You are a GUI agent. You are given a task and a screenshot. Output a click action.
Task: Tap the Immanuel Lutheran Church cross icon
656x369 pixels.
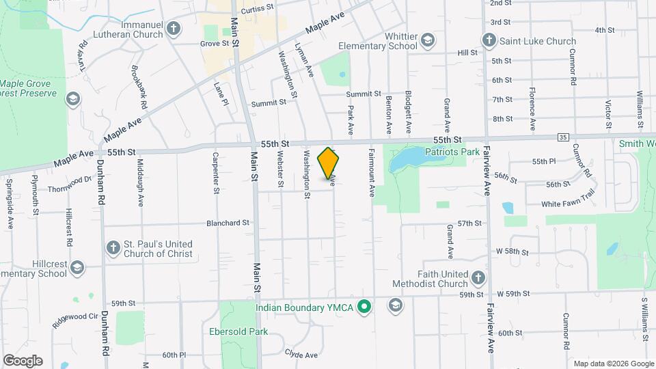tap(174, 29)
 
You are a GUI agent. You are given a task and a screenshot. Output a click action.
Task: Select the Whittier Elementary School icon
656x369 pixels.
tap(428, 40)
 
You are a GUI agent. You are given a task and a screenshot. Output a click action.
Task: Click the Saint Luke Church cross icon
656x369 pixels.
tap(489, 41)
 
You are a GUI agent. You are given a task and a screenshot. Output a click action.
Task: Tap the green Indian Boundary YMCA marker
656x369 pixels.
tap(365, 307)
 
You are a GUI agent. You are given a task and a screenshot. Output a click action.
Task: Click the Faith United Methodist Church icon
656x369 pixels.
tap(478, 278)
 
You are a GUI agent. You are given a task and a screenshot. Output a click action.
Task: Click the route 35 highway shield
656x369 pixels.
tap(563, 137)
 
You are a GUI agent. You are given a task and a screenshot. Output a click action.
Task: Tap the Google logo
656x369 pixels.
tap(23, 360)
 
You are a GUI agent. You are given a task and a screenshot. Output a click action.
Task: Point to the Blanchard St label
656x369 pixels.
tap(229, 223)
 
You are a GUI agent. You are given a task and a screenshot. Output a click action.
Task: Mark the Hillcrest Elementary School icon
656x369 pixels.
tap(77, 267)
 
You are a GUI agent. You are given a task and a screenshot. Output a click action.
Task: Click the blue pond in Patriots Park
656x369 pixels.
tap(407, 161)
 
